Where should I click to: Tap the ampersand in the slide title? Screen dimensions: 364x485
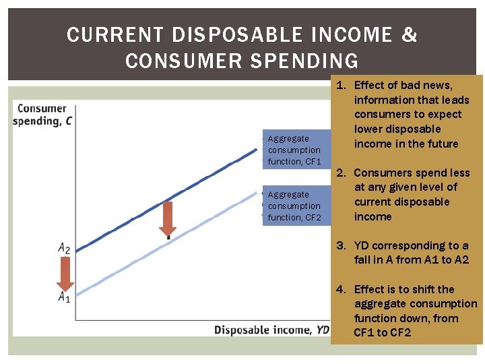tap(410, 35)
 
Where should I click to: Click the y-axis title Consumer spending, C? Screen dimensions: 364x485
tap(42, 115)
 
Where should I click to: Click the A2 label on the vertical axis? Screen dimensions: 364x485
tap(64, 248)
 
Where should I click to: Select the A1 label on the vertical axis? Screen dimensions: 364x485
tap(64, 297)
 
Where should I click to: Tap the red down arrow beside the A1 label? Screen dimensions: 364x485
tap(65, 273)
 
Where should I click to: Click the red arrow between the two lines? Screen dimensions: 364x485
tap(168, 218)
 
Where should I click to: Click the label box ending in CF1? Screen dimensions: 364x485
tap(295, 150)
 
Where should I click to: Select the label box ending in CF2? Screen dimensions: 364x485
tap(295, 206)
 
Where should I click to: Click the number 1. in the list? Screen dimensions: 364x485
tap(342, 85)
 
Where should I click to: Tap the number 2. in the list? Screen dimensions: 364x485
tap(342, 173)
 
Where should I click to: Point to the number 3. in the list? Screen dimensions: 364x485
tap(342, 245)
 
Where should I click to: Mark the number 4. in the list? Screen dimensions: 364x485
tap(342, 289)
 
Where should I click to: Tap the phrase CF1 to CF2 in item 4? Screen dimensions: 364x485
tap(382, 333)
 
